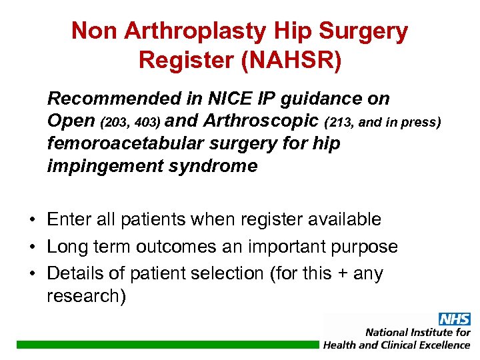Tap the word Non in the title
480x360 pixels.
(x=93, y=31)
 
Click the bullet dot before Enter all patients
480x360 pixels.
(x=31, y=220)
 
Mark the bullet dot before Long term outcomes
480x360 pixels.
(x=31, y=247)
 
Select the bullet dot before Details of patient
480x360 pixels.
(x=31, y=274)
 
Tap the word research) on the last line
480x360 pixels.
(x=86, y=296)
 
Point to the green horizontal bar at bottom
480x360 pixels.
(x=167, y=344)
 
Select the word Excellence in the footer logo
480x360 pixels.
(x=443, y=345)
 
